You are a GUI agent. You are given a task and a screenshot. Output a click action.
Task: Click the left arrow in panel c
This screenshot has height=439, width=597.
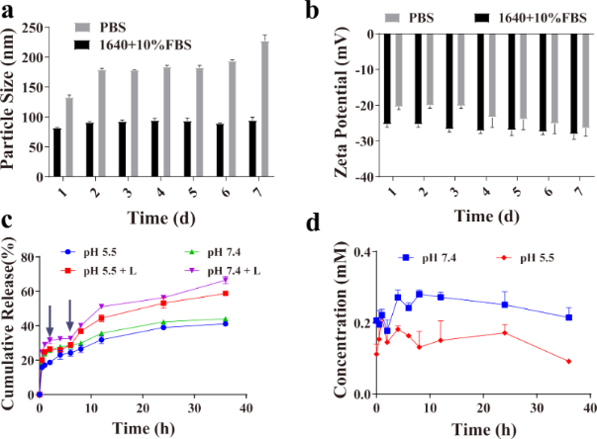(50, 320)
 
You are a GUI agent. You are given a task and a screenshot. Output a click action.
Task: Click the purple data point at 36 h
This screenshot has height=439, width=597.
(226, 281)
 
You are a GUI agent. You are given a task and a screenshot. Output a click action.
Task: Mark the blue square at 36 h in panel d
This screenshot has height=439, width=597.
(568, 316)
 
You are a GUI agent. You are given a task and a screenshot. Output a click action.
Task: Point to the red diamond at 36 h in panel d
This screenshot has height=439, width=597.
(568, 361)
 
